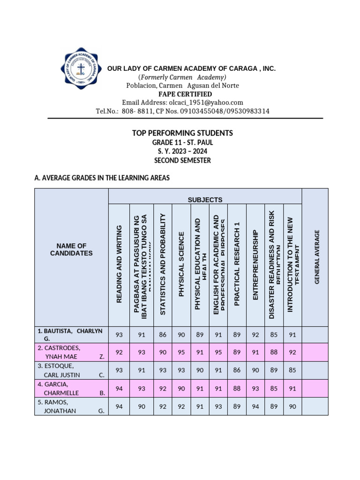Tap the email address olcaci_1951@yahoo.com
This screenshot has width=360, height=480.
click(x=182, y=103)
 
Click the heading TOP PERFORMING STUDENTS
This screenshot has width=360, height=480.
click(x=182, y=134)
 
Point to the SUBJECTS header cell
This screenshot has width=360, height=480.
click(x=205, y=200)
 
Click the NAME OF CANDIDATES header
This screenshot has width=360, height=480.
click(x=72, y=249)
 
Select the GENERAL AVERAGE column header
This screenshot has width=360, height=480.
click(x=317, y=256)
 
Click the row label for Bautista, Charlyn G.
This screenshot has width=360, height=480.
click(x=70, y=334)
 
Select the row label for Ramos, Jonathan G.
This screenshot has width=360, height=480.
click(x=71, y=406)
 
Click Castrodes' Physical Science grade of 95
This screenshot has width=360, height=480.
click(x=181, y=352)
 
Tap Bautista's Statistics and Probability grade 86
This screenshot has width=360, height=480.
click(x=163, y=335)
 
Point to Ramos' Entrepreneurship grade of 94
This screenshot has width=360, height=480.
click(x=255, y=406)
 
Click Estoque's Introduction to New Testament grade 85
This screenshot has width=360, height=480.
click(x=292, y=370)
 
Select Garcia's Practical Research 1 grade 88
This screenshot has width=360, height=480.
click(x=237, y=388)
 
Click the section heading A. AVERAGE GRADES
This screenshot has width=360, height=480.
click(x=102, y=178)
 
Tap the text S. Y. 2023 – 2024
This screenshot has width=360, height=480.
click(x=182, y=151)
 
